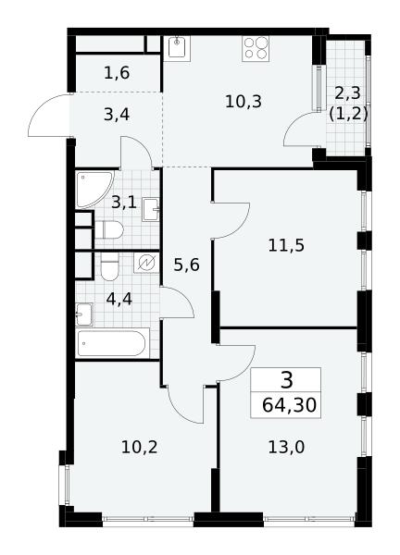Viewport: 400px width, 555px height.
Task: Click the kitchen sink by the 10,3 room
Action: [177, 48]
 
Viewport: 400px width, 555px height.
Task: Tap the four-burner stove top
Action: [256, 48]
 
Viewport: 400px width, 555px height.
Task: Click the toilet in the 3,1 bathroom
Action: [108, 229]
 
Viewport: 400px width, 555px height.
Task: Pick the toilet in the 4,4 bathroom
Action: [109, 266]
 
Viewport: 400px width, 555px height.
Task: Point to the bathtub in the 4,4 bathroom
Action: [112, 343]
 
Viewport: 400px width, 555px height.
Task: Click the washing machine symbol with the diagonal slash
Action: [146, 263]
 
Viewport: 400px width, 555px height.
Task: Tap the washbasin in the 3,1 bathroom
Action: [151, 210]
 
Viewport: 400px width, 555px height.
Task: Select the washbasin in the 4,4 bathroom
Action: [84, 314]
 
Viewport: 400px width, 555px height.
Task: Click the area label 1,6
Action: [117, 73]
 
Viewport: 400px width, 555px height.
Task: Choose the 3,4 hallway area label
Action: [117, 115]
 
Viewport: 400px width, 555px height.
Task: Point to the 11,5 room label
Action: [286, 245]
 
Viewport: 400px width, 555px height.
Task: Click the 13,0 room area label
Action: [286, 448]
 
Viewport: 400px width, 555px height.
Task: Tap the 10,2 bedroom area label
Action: [139, 448]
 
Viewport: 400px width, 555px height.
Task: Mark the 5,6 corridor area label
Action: [187, 265]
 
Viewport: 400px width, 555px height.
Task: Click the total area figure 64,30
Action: [289, 405]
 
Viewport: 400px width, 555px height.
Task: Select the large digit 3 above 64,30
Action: [287, 380]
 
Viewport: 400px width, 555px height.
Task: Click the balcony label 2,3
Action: [347, 93]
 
